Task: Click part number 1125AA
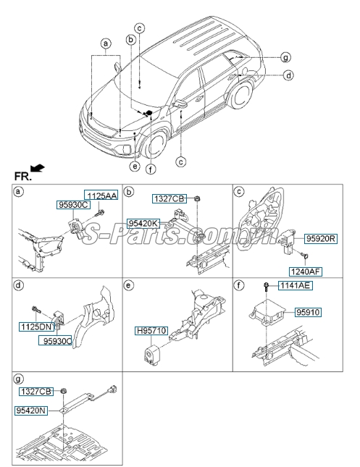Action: (x=101, y=195)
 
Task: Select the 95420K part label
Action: (x=143, y=223)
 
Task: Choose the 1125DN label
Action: (x=36, y=327)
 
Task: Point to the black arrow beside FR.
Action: (x=38, y=168)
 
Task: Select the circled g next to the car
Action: (x=285, y=56)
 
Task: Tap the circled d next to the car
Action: (x=288, y=75)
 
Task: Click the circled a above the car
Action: (x=106, y=43)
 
